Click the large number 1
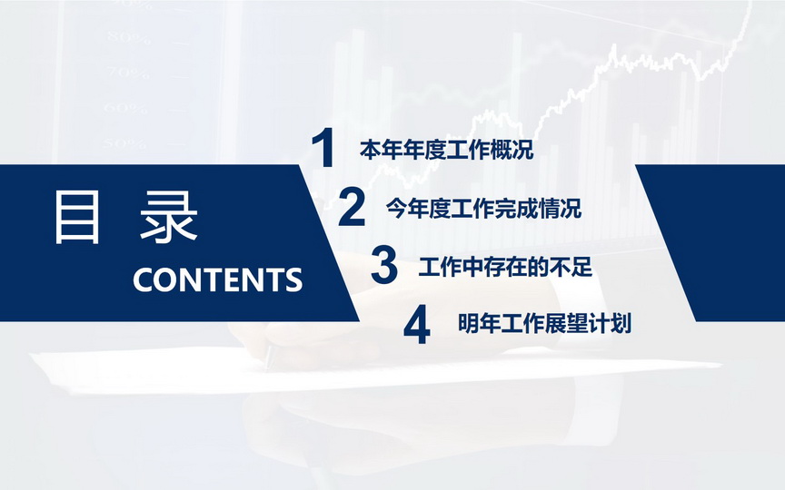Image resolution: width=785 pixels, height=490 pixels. [x=323, y=148]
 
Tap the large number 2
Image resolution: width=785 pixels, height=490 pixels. [x=352, y=207]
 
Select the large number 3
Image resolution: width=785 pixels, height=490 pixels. [x=384, y=265]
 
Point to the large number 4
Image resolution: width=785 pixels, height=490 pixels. [x=417, y=325]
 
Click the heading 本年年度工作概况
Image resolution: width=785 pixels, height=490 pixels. [x=447, y=150]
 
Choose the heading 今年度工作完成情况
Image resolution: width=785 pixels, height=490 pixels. [x=483, y=209]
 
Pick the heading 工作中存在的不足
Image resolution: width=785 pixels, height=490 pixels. [x=505, y=267]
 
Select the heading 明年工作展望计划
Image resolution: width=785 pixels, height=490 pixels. [x=545, y=324]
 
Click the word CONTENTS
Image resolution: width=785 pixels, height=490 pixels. [x=218, y=279]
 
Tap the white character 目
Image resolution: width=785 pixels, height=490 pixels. [x=77, y=218]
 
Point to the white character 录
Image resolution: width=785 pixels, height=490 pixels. [x=169, y=218]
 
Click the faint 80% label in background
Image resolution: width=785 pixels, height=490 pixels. [x=128, y=38]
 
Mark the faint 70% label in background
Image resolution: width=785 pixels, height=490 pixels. [x=128, y=73]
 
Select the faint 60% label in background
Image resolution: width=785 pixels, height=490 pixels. [x=125, y=108]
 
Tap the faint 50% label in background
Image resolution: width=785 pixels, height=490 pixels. [x=124, y=143]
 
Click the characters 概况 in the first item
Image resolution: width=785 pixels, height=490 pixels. [x=512, y=150]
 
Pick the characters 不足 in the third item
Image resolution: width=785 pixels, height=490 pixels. [x=571, y=267]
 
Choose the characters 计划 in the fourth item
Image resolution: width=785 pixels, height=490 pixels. [x=610, y=324]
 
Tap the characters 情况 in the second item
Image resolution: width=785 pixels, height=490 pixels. [x=561, y=209]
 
